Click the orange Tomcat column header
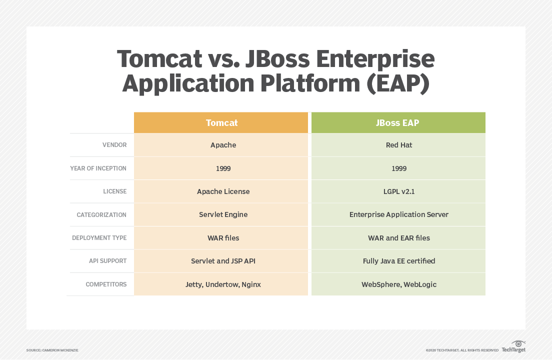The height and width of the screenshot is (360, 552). click(221, 122)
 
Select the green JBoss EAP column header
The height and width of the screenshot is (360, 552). click(398, 122)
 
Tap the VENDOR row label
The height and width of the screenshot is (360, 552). click(114, 145)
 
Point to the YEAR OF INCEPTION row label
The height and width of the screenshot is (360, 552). click(98, 168)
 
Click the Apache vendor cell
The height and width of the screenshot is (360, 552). click(223, 145)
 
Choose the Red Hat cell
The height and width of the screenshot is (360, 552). click(398, 145)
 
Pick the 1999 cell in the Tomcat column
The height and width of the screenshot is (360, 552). click(223, 168)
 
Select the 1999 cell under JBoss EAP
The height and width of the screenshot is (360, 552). click(398, 168)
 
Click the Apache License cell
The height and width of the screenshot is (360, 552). click(223, 191)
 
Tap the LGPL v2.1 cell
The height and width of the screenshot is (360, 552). click(398, 191)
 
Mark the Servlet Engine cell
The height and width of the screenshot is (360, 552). click(223, 214)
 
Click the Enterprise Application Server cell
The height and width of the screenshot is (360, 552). click(398, 214)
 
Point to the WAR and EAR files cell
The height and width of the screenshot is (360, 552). click(398, 238)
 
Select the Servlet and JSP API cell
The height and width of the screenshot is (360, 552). click(223, 261)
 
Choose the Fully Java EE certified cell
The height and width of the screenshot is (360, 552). click(398, 261)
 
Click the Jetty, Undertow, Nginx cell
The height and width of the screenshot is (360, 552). click(223, 284)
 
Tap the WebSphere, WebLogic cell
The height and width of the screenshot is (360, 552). click(398, 284)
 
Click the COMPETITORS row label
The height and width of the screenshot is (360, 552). click(106, 284)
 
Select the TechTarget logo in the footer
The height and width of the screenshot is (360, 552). click(513, 347)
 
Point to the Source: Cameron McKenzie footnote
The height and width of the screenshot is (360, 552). click(52, 350)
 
